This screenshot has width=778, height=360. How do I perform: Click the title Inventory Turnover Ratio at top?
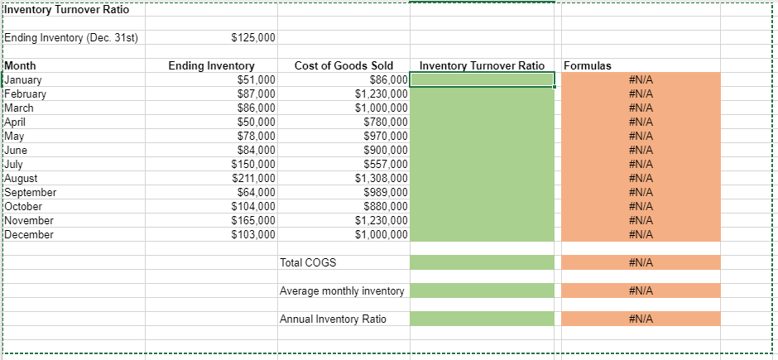click(x=66, y=9)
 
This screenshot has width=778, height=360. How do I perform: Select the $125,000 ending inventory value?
click(x=252, y=38)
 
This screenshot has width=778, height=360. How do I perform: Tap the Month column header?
click(x=20, y=65)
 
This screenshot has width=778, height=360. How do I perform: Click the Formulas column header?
click(x=588, y=65)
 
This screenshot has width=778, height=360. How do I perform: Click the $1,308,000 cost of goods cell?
click(x=382, y=178)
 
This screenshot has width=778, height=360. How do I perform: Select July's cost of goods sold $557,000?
click(x=387, y=164)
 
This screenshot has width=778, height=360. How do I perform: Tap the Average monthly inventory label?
click(x=342, y=290)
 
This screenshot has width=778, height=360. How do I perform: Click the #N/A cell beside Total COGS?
click(x=641, y=262)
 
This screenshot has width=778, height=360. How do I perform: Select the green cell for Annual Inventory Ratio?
click(x=482, y=319)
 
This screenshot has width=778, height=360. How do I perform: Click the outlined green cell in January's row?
click(x=482, y=79)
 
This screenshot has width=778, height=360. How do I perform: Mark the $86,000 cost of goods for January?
click(x=389, y=79)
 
